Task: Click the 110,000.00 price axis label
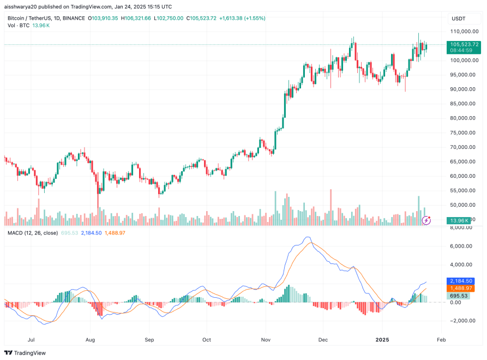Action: pyautogui.click(x=464, y=32)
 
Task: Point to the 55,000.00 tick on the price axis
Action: pyautogui.click(x=464, y=190)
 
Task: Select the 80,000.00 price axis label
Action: pyautogui.click(x=464, y=118)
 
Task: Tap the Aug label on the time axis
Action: pyautogui.click(x=91, y=339)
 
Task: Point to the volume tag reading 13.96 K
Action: pyautogui.click(x=457, y=220)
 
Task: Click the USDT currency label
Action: pyautogui.click(x=458, y=19)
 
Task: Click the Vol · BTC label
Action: pyautogui.click(x=19, y=26)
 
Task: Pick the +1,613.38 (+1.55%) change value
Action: pyautogui.click(x=242, y=18)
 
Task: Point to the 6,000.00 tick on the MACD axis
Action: pyautogui.click(x=464, y=246)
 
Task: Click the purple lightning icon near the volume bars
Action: pyautogui.click(x=428, y=220)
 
